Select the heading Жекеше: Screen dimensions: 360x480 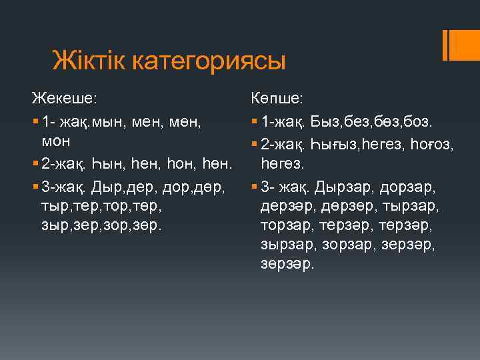pyautogui.click(x=65, y=98)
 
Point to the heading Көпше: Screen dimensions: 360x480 pyautogui.click(x=277, y=98)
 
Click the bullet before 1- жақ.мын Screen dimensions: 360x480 pyautogui.click(x=34, y=123)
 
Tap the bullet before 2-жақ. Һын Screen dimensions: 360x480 pyautogui.click(x=34, y=163)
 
